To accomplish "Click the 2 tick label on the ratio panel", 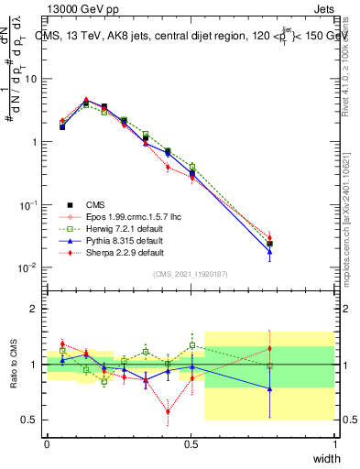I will click(x=35, y=310).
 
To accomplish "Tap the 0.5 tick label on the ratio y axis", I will click(x=30, y=420).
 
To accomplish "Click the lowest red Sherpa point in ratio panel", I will click(x=168, y=411).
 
